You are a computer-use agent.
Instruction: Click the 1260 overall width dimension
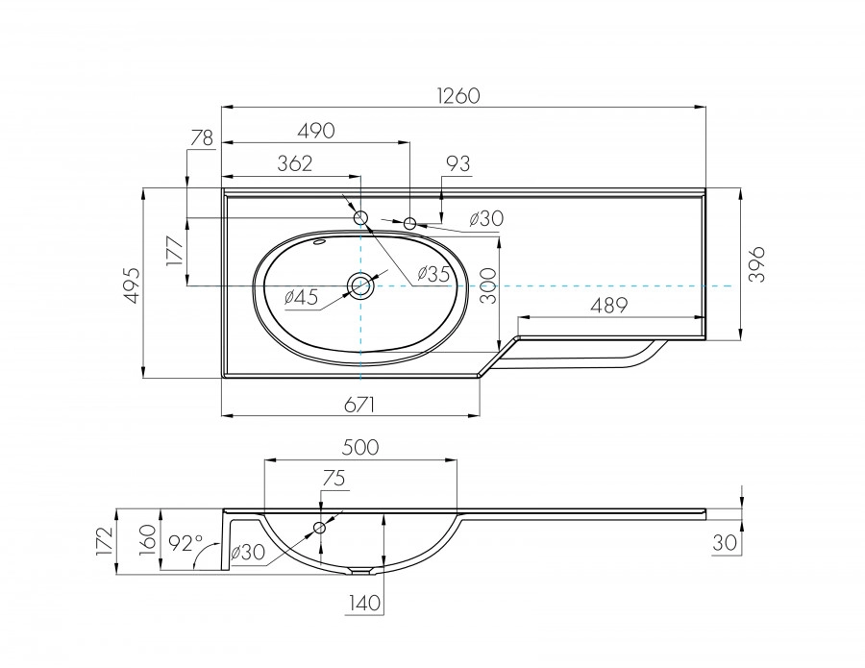tap(457, 96)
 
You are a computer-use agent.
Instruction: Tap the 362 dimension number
tap(294, 163)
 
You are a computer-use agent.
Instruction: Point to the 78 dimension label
tap(201, 138)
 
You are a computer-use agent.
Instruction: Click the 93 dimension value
tap(457, 164)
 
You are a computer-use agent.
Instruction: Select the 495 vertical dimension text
tap(132, 284)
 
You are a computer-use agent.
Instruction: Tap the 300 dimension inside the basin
tap(488, 286)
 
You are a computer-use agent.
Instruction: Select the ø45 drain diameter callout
tap(301, 298)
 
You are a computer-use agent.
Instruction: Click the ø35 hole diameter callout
tap(432, 274)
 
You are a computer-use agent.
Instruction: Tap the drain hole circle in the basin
tap(360, 285)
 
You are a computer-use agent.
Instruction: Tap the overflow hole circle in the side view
tap(320, 528)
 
